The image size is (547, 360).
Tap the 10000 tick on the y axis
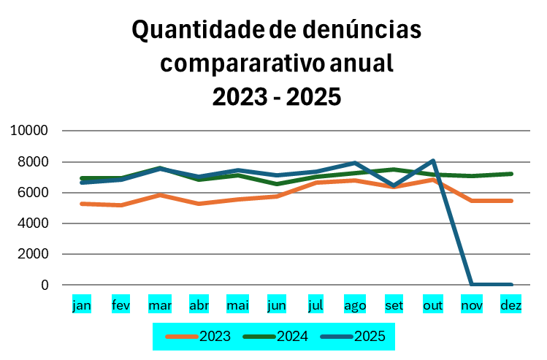[x=29, y=131]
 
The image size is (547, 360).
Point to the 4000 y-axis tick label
[x=33, y=223]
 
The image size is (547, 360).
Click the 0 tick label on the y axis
[x=45, y=285]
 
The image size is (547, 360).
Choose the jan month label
[x=82, y=305]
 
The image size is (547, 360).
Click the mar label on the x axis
[x=160, y=305]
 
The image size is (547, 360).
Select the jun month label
[x=277, y=305]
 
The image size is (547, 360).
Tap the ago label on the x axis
[x=355, y=305]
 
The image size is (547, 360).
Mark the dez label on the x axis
[x=511, y=305]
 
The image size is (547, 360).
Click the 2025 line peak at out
[x=433, y=161]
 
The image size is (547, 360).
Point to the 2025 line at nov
[x=473, y=284]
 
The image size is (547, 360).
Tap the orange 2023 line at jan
[x=82, y=204]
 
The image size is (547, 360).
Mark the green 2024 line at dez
[x=511, y=174]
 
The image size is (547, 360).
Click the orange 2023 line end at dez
[x=511, y=201]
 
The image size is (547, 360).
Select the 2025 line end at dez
[x=511, y=284]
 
